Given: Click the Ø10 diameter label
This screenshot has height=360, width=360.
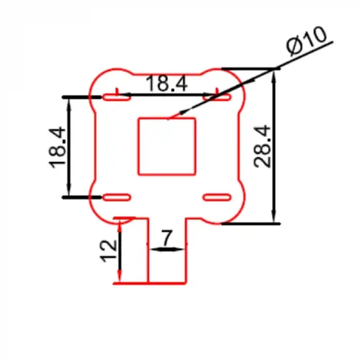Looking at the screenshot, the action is [x=307, y=41].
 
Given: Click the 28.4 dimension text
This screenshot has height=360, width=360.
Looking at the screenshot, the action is [x=262, y=147].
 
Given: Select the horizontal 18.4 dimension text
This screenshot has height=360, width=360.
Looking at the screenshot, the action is [x=167, y=83].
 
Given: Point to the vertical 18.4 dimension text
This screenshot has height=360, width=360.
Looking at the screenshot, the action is [x=57, y=147].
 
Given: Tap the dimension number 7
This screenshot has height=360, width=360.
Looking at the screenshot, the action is [x=167, y=238].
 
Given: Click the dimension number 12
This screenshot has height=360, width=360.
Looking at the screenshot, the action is [x=108, y=251].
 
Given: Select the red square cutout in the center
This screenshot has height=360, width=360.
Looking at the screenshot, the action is [x=167, y=146].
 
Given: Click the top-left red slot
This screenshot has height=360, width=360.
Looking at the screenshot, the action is [x=117, y=97].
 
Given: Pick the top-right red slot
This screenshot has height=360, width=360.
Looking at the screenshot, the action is [x=217, y=97].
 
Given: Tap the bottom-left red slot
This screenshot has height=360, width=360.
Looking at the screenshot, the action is [x=117, y=197].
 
